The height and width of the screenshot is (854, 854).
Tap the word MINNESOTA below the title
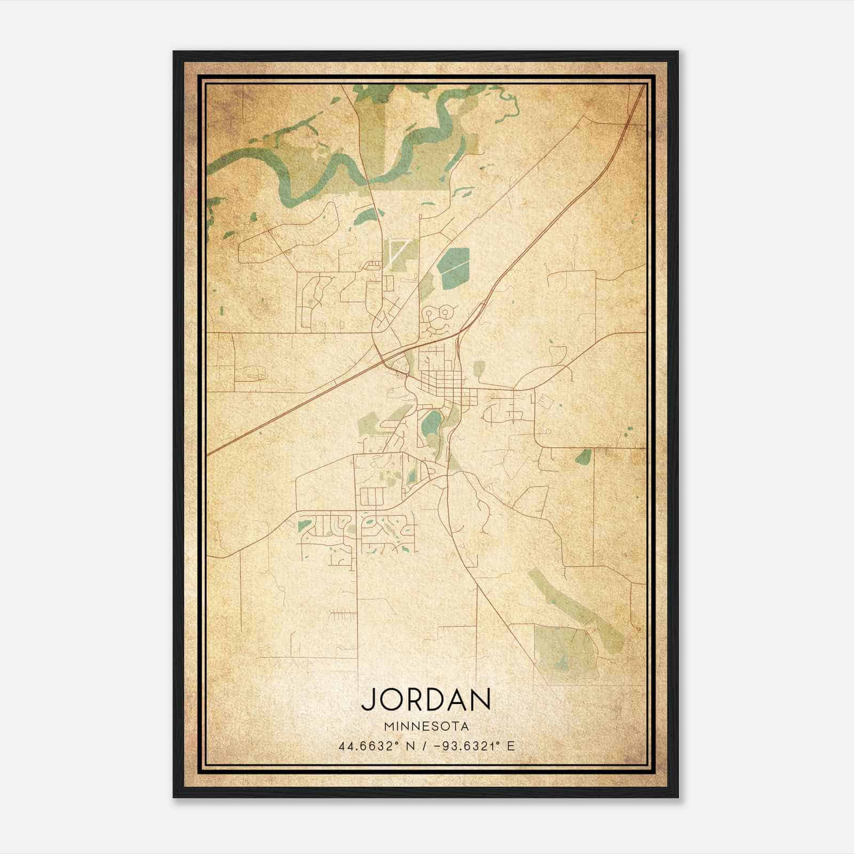[x=426, y=726]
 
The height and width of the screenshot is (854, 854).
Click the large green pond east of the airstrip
[x=454, y=265]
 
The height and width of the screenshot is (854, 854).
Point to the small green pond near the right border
[x=584, y=457]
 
